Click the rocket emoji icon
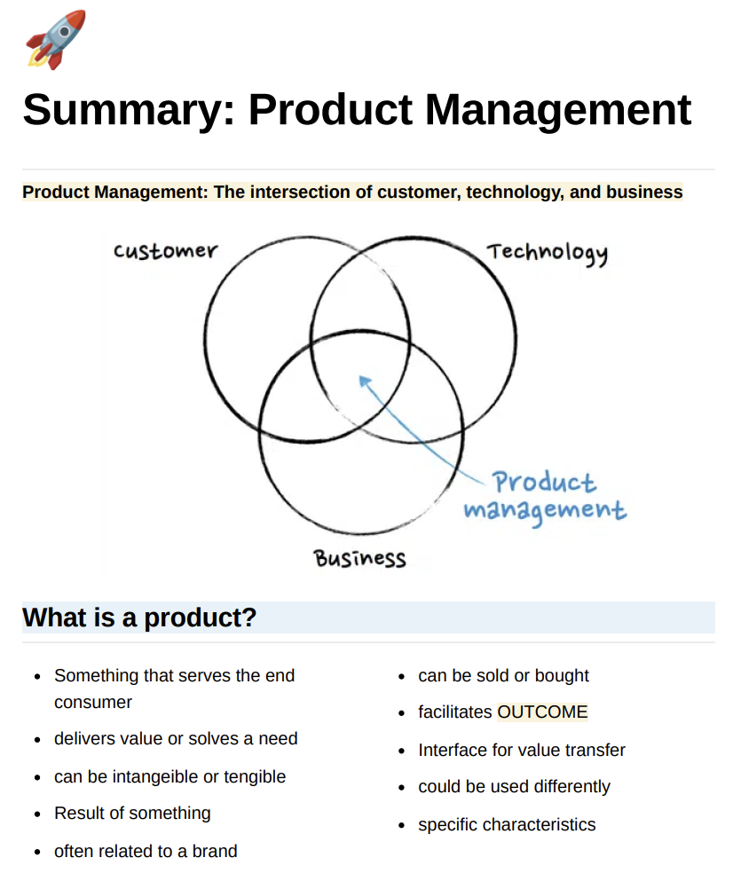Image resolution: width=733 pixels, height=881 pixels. click(55, 39)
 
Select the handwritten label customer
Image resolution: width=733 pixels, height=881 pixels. click(165, 251)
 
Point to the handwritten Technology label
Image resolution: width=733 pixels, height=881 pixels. click(548, 253)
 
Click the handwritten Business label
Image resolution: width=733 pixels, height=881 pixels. click(359, 558)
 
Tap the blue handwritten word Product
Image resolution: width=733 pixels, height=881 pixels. click(544, 483)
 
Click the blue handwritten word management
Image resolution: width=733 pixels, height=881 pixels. click(544, 511)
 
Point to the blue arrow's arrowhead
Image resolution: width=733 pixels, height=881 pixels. click(364, 382)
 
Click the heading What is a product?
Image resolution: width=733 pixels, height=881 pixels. click(139, 617)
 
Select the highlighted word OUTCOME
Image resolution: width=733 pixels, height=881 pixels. click(542, 712)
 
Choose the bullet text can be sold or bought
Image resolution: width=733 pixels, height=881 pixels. click(503, 675)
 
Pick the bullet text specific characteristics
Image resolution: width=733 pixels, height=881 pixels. click(507, 824)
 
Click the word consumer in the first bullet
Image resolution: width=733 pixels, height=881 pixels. click(93, 702)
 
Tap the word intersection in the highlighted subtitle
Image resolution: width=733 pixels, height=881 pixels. click(319, 192)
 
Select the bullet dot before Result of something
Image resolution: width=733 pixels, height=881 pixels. click(37, 814)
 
